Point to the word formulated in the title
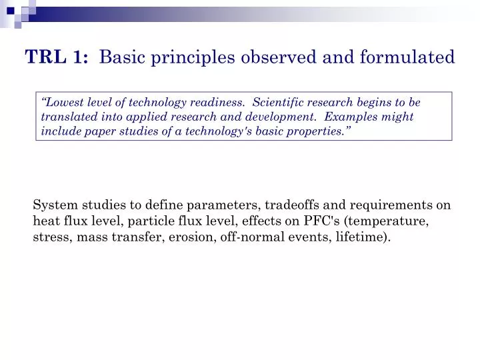point(407,58)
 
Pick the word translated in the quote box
point(67,117)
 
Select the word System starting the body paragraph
point(54,205)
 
